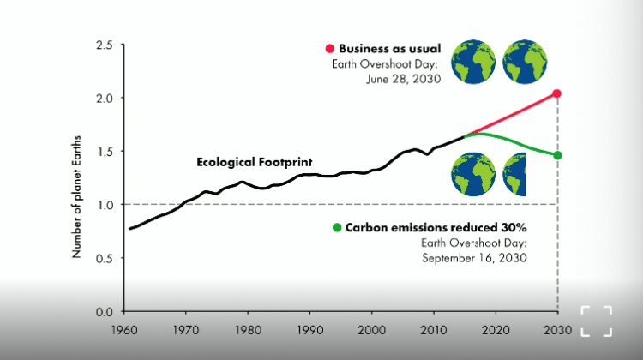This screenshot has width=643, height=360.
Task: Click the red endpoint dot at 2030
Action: point(557,93)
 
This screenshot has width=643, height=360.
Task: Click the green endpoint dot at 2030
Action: point(557,155)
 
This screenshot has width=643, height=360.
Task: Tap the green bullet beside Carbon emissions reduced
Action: point(337,228)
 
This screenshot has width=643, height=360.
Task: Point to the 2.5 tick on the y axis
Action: point(105,45)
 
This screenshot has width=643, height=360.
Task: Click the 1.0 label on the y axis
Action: point(105,205)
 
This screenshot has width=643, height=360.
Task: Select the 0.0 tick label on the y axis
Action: point(105,311)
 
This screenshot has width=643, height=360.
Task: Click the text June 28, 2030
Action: point(404,79)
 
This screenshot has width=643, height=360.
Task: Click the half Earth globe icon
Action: point(514,174)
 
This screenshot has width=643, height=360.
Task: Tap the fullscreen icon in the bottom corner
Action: point(596,320)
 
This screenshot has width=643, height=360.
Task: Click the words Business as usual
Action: point(389,48)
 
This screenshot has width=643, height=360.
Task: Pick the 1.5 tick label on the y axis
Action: point(105,152)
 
